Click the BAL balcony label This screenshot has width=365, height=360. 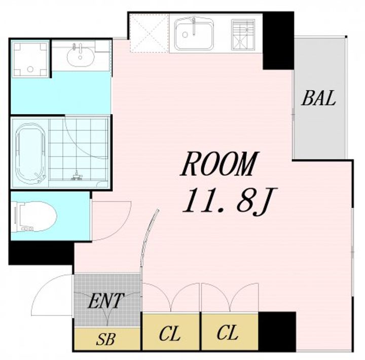pyautogui.click(x=318, y=98)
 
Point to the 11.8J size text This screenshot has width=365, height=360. pyautogui.click(x=230, y=201)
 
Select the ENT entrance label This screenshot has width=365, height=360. pyautogui.click(x=105, y=301)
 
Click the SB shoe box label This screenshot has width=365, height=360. pyautogui.click(x=105, y=339)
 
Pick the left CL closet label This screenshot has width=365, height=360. pyautogui.click(x=170, y=334)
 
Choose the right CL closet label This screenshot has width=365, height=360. pyautogui.click(x=228, y=333)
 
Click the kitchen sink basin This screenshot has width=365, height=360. pyautogui.click(x=194, y=34)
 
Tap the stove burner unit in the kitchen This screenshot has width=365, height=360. pyautogui.click(x=243, y=34)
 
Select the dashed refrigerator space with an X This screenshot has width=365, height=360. pyautogui.click(x=149, y=33)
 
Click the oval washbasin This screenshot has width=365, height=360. pyautogui.click(x=81, y=56)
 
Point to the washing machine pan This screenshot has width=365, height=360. pyautogui.click(x=30, y=59)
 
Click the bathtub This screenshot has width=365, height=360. pyautogui.click(x=30, y=154)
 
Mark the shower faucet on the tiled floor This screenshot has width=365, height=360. pyautogui.click(x=77, y=176)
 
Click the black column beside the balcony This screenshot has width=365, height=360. pyautogui.click(x=278, y=41)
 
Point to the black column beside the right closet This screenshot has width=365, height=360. pyautogui.click(x=277, y=332)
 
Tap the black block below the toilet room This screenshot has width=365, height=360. pyautogui.click(x=41, y=253)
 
